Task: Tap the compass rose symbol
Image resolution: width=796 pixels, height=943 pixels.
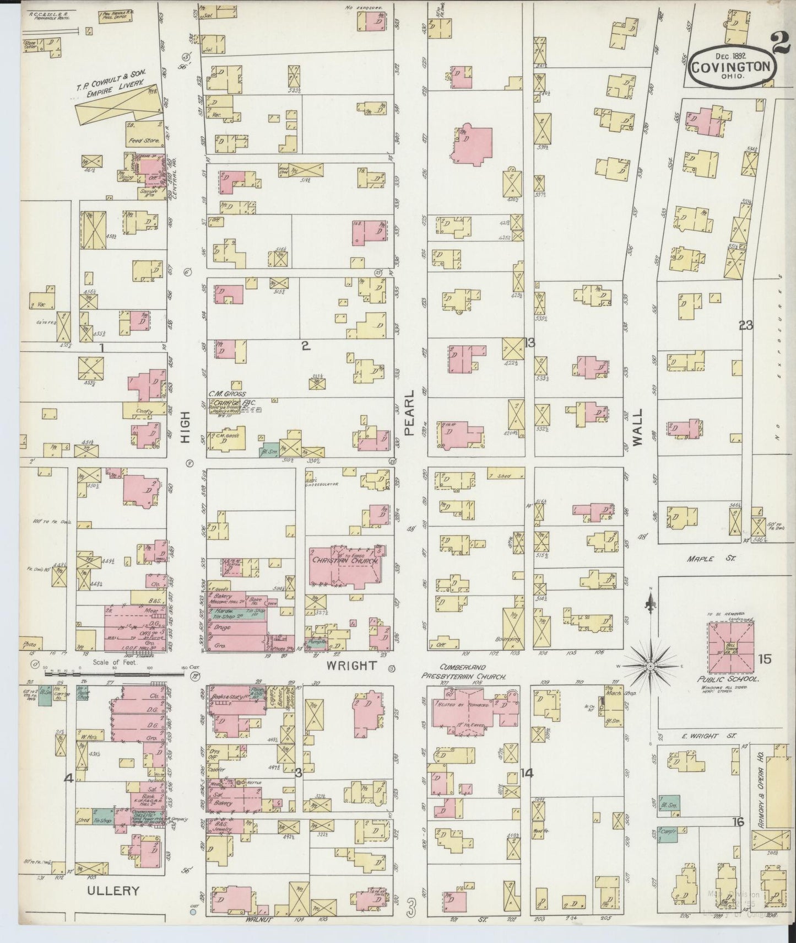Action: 651,666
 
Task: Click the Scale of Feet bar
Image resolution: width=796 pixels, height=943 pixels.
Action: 113,671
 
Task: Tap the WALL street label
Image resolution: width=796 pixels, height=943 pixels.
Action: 637,435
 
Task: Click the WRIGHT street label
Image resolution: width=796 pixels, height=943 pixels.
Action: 351,666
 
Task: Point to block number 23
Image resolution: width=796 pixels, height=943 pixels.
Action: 746,326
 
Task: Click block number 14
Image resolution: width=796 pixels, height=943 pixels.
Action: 527,774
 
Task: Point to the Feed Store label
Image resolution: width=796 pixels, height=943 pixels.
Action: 145,141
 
